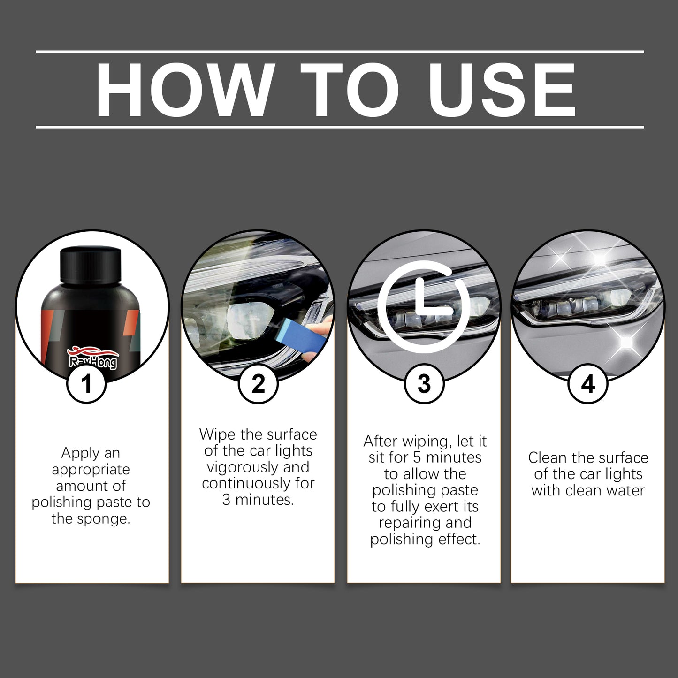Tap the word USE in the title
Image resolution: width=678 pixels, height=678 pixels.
point(502,89)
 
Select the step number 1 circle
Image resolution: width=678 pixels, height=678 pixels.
point(87,384)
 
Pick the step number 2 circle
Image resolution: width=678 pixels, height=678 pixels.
point(258,384)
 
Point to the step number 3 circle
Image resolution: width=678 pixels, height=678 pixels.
point(424,384)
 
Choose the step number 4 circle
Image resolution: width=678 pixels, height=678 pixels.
point(588,384)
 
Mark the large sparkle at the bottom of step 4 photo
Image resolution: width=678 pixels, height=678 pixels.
point(626,343)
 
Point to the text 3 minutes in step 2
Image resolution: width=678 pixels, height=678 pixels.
point(258,500)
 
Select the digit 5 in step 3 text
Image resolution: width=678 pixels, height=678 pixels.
point(417,457)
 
